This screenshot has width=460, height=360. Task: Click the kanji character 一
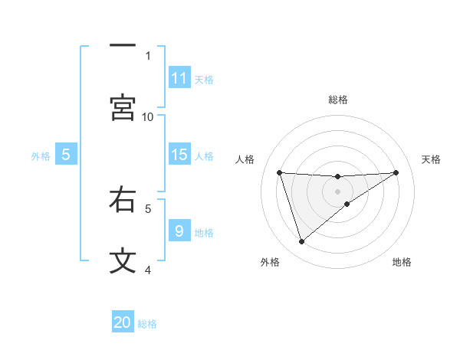point(123,46)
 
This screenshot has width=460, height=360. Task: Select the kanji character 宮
point(123,107)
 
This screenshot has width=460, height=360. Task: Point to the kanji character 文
point(123,260)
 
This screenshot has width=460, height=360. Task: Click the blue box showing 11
point(179,78)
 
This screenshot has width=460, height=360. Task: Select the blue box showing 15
point(179,155)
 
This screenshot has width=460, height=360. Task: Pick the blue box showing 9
point(179,231)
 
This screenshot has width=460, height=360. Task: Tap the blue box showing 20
point(123,322)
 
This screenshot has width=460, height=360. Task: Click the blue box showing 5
point(66,155)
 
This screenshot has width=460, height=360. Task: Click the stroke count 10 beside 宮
point(148,116)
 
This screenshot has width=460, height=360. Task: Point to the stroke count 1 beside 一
point(148,55)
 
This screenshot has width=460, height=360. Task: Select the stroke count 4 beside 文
point(148,270)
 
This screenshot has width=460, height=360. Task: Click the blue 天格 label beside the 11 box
point(204,79)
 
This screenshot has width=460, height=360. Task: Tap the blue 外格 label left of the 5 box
point(41,155)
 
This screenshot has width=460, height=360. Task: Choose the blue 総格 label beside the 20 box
point(147,323)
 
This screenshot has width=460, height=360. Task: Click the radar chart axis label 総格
point(338,100)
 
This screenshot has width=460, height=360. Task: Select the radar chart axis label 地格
point(402,262)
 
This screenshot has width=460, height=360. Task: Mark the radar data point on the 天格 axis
point(396,172)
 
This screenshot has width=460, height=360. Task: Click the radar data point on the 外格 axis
point(301,242)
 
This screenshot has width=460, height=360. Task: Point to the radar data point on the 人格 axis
point(279,172)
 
